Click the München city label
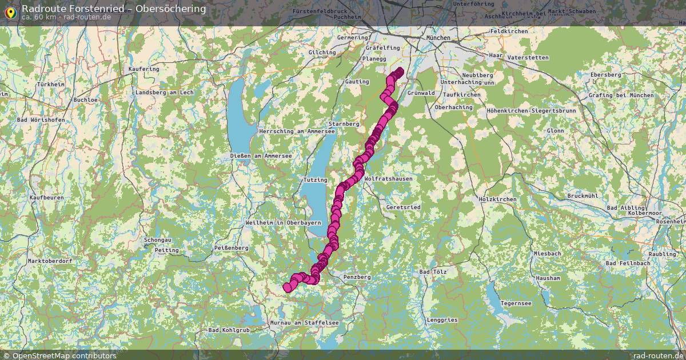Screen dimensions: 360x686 [438, 38]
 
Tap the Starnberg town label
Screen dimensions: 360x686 [344, 123]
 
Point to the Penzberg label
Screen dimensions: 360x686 [357, 277]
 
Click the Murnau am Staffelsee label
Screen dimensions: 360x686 [304, 323]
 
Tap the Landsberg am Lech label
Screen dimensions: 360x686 [165, 93]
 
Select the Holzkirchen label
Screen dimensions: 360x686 [497, 199]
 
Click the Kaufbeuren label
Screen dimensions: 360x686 [46, 198]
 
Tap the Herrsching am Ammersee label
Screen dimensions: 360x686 [297, 131]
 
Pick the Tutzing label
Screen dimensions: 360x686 [315, 180]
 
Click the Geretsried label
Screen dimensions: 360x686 [404, 207]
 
